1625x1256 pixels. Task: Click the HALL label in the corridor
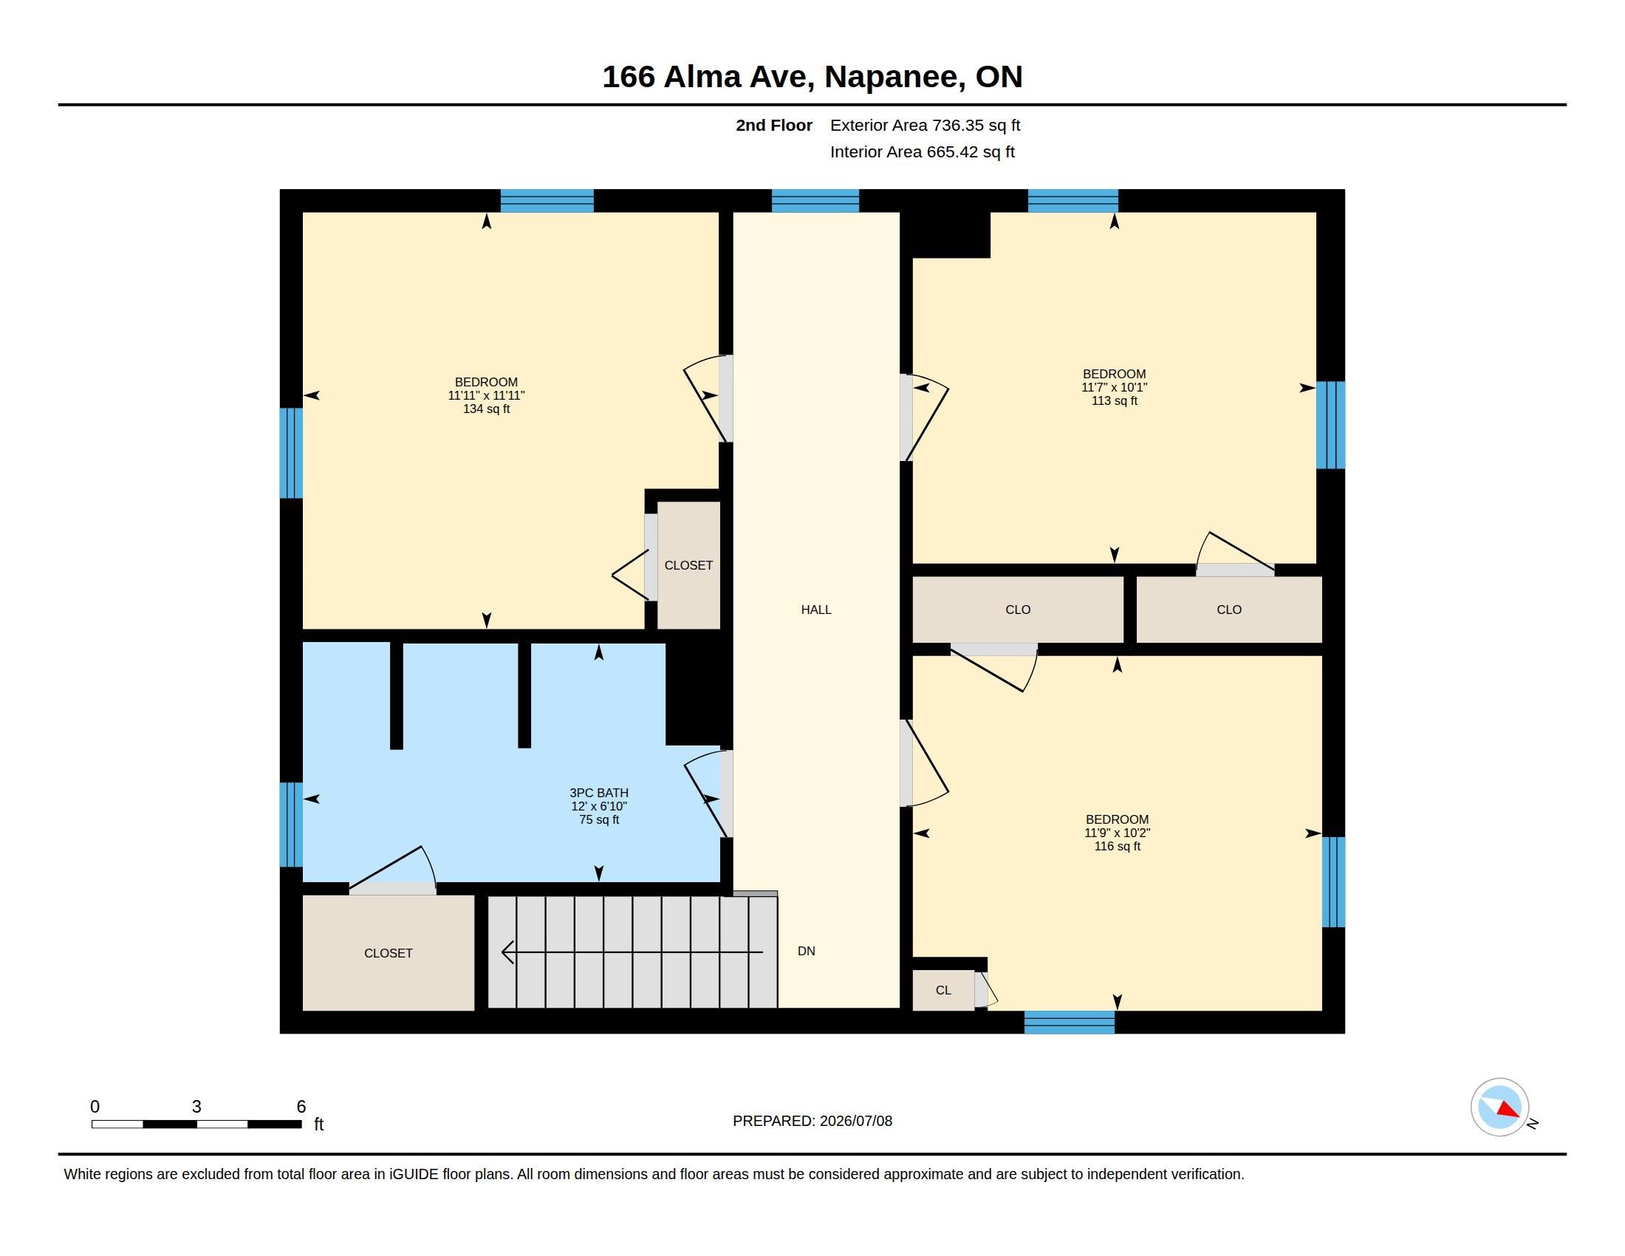point(815,610)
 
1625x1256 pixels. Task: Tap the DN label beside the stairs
point(806,951)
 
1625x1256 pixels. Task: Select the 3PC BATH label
point(599,793)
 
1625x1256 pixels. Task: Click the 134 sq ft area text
point(486,409)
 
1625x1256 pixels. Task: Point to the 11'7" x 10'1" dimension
point(1114,387)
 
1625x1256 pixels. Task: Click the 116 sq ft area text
point(1117,846)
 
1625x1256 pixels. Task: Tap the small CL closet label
point(943,990)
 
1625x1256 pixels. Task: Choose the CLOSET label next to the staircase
point(388,953)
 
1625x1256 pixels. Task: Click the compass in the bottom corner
point(1499,1107)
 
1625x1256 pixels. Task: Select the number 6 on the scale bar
point(301,1107)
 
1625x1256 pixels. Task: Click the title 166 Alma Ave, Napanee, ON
point(812,77)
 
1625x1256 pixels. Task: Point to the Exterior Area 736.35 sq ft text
point(925,125)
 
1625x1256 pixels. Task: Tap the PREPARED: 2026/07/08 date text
point(812,1121)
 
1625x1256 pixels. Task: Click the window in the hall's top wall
point(815,201)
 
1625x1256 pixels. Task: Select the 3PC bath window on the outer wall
point(291,825)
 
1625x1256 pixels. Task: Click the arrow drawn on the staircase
point(632,952)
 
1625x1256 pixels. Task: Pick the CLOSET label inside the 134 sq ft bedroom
point(688,565)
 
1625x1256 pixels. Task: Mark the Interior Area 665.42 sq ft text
point(922,151)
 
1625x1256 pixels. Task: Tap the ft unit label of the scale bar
point(318,1124)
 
